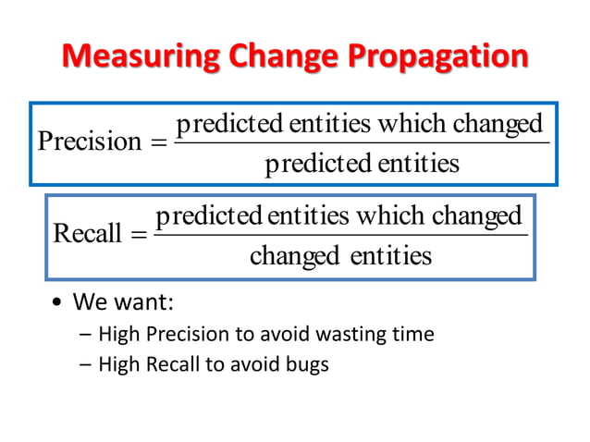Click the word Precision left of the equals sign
tap(89, 141)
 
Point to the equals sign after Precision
tap(156, 141)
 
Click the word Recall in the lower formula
tap(88, 233)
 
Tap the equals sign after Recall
tap(138, 234)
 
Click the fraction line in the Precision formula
tap(361, 142)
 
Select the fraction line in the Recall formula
tap(339, 235)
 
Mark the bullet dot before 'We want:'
tap(57, 304)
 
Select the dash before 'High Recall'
tap(85, 364)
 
